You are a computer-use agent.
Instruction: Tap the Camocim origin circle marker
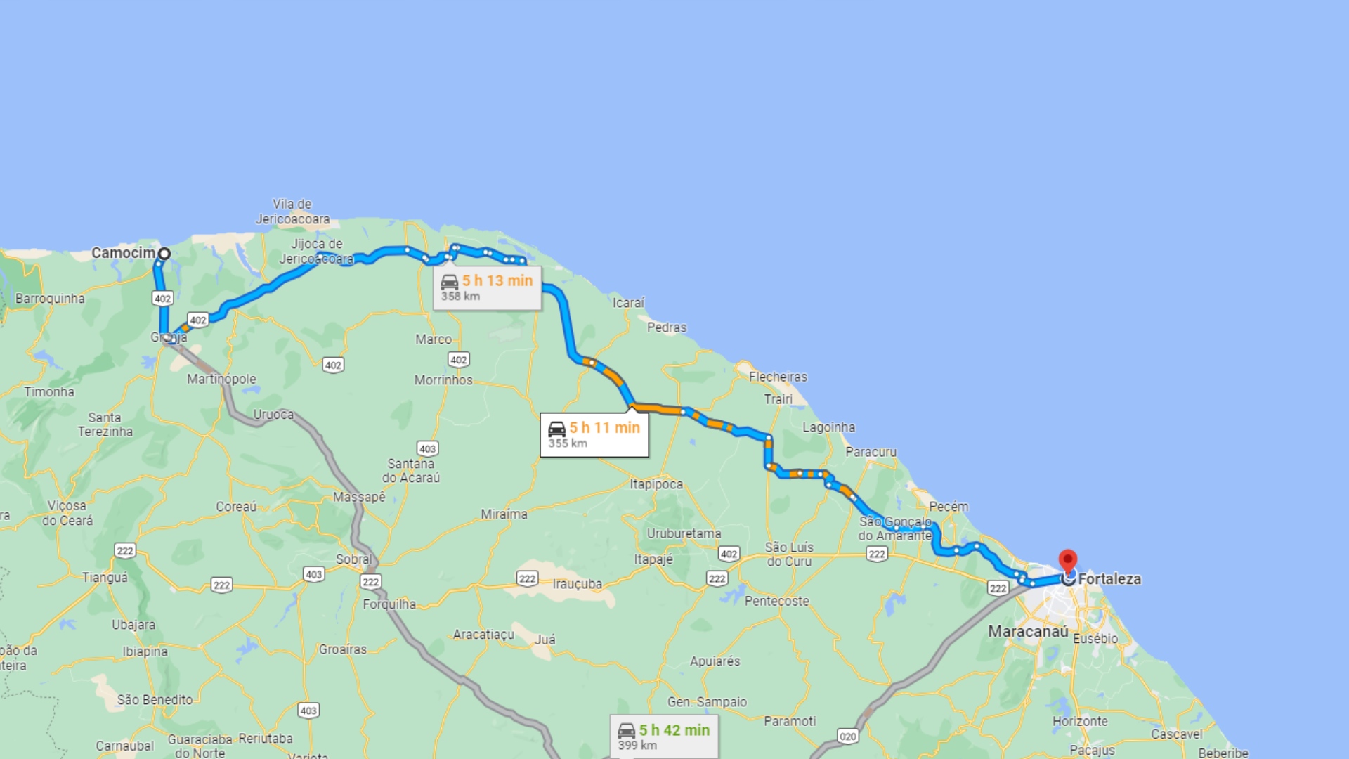pyautogui.click(x=164, y=254)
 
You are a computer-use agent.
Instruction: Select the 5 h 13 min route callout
pyautogui.click(x=487, y=287)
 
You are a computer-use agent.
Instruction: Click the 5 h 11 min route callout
pyautogui.click(x=594, y=435)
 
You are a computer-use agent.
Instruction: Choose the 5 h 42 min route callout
pyautogui.click(x=664, y=737)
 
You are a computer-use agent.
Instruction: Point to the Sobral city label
pyautogui.click(x=353, y=559)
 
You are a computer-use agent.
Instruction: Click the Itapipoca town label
pyautogui.click(x=656, y=484)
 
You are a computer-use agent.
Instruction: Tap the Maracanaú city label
pyautogui.click(x=1028, y=631)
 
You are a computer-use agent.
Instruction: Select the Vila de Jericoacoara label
pyautogui.click(x=292, y=212)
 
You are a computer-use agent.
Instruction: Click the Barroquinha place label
pyautogui.click(x=50, y=299)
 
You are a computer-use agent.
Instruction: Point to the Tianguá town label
pyautogui.click(x=105, y=578)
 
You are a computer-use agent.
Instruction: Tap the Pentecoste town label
pyautogui.click(x=776, y=601)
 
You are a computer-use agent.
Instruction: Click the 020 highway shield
pyautogui.click(x=848, y=737)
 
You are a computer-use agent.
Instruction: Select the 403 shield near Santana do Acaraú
pyautogui.click(x=427, y=448)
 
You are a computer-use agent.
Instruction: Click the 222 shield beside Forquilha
pyautogui.click(x=370, y=582)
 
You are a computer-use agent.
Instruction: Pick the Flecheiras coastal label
pyautogui.click(x=778, y=377)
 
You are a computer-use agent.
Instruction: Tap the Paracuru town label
pyautogui.click(x=871, y=452)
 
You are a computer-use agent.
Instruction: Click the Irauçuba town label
pyautogui.click(x=577, y=584)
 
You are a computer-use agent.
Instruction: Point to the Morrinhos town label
pyautogui.click(x=443, y=380)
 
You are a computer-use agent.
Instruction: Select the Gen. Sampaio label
pyautogui.click(x=707, y=702)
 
